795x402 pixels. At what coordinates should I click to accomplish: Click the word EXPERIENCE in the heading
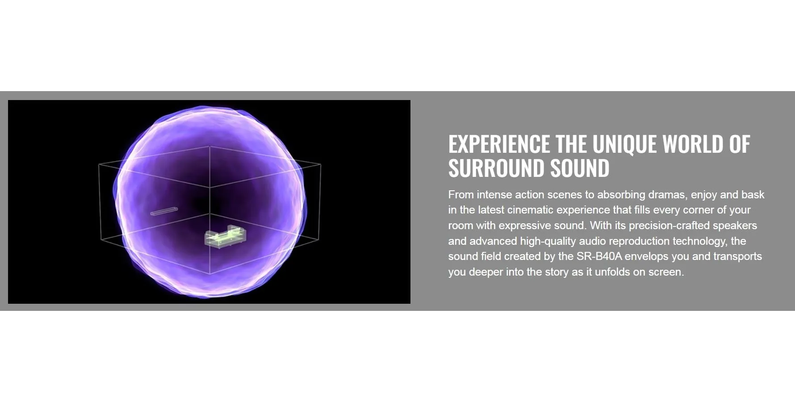point(499,144)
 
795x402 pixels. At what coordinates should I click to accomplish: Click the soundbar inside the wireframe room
point(164,211)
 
